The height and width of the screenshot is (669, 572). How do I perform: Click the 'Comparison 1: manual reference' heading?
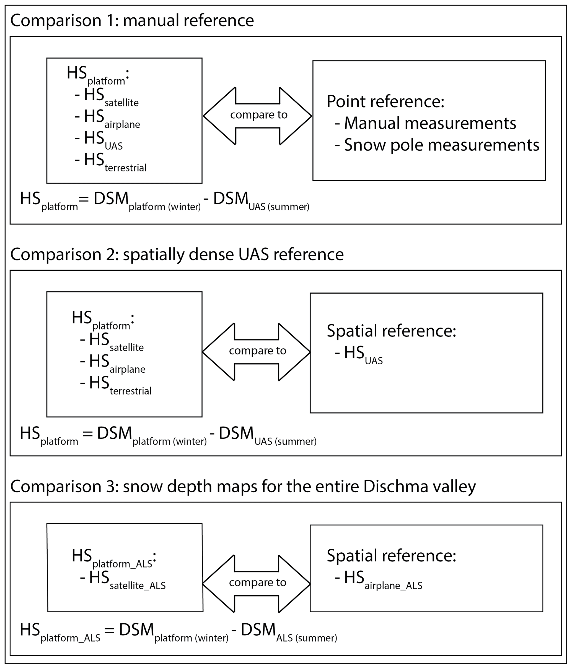tap(132, 21)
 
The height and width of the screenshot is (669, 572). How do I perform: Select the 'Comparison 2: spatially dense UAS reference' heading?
tap(177, 254)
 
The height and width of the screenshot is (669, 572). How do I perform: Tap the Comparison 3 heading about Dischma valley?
tap(243, 486)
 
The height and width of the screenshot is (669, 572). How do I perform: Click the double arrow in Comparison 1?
tap(258, 116)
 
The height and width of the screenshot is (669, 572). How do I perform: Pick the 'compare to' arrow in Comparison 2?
tap(257, 352)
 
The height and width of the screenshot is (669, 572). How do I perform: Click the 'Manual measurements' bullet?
tap(425, 123)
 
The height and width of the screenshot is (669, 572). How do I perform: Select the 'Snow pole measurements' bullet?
tap(437, 145)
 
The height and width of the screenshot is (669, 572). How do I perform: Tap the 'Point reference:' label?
tap(385, 101)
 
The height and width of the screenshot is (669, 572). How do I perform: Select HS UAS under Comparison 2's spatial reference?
tap(359, 354)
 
